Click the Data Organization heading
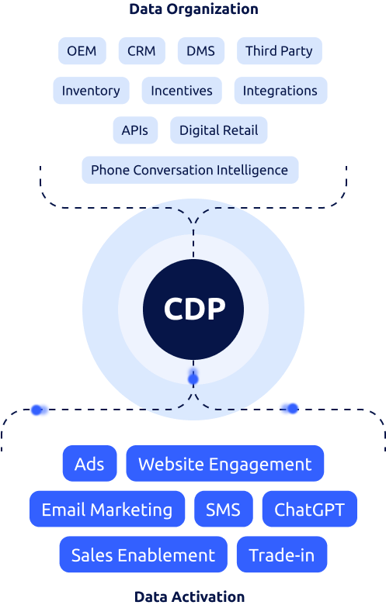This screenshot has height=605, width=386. click(x=193, y=9)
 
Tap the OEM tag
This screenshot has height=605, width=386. click(x=82, y=51)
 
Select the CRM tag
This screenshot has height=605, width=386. click(x=142, y=51)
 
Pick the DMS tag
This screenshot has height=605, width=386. click(x=201, y=51)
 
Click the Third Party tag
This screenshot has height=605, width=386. click(x=280, y=51)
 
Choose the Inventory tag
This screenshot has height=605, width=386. click(x=91, y=91)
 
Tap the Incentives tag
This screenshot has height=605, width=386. click(x=182, y=91)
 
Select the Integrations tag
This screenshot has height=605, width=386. click(x=280, y=91)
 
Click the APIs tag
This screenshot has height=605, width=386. click(x=135, y=130)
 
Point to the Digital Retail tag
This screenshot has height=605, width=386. click(x=219, y=130)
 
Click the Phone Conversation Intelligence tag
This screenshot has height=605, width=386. click(x=190, y=170)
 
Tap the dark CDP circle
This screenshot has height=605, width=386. click(x=193, y=309)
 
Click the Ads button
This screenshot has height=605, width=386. click(x=89, y=463)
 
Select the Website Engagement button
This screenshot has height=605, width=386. click(x=225, y=463)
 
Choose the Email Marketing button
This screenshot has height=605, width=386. click(x=107, y=509)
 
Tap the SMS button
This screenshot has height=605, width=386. click(x=224, y=509)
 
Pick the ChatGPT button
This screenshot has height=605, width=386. click(x=309, y=509)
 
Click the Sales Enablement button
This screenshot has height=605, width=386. click(x=144, y=555)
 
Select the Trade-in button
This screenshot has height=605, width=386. click(x=282, y=555)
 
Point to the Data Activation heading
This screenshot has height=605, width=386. click(x=190, y=596)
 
